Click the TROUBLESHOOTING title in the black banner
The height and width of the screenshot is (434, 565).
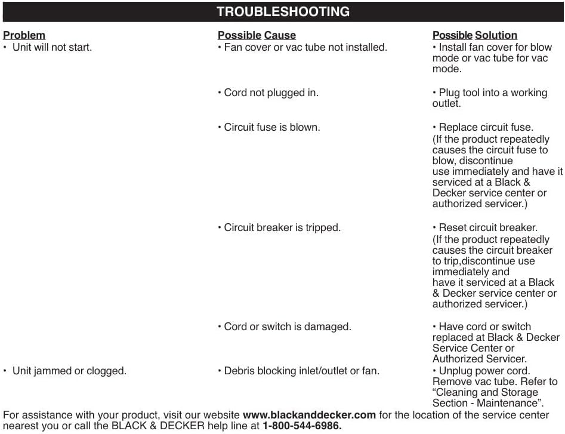tap(283, 11)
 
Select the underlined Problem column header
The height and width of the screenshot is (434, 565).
tap(24, 35)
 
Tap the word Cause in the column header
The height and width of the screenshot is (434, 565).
tap(280, 35)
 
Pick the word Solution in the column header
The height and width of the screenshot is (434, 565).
tap(496, 35)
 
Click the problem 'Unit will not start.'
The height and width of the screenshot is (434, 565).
tap(52, 47)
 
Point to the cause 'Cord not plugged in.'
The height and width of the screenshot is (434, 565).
tap(271, 93)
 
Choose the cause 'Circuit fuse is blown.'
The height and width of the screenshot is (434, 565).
tap(271, 127)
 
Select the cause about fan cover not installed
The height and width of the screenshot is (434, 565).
tap(305, 47)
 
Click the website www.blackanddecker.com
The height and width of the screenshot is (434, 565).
tap(309, 415)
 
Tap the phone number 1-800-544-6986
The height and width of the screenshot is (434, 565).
tap(302, 426)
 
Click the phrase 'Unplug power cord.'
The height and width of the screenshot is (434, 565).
tap(484, 371)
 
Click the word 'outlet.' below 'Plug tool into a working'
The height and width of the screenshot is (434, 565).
tap(446, 104)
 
